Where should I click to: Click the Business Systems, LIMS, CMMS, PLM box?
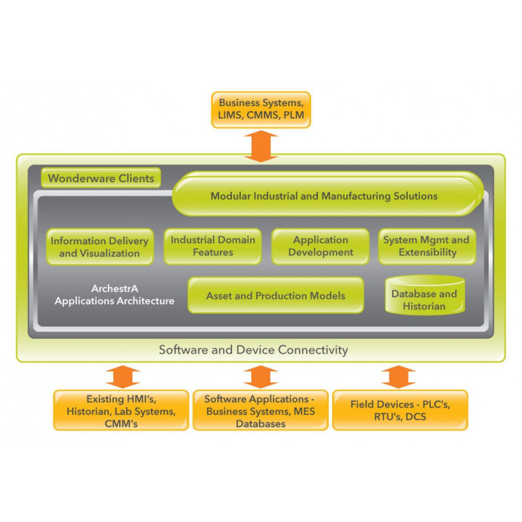pyautogui.click(x=261, y=110)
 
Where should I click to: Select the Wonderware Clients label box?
pyautogui.click(x=101, y=179)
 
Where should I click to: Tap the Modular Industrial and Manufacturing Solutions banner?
pyautogui.click(x=323, y=196)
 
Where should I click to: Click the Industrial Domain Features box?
pyautogui.click(x=212, y=246)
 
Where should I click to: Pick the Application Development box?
pyautogui.click(x=320, y=246)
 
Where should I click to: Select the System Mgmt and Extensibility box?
pyautogui.click(x=426, y=246)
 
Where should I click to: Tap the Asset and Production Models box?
pyautogui.click(x=275, y=295)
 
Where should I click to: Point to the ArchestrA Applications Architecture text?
pyautogui.click(x=114, y=295)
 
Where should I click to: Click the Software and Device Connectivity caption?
pyautogui.click(x=253, y=350)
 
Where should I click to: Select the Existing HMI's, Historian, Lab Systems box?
pyautogui.click(x=121, y=410)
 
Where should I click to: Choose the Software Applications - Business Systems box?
pyautogui.click(x=260, y=410)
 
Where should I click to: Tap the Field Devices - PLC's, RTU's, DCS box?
pyautogui.click(x=399, y=410)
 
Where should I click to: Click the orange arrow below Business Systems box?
pyautogui.click(x=261, y=146)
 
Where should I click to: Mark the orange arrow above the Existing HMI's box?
pyautogui.click(x=123, y=376)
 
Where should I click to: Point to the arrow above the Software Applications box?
pyautogui.click(x=260, y=376)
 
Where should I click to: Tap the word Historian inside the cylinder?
pyautogui.click(x=423, y=306)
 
